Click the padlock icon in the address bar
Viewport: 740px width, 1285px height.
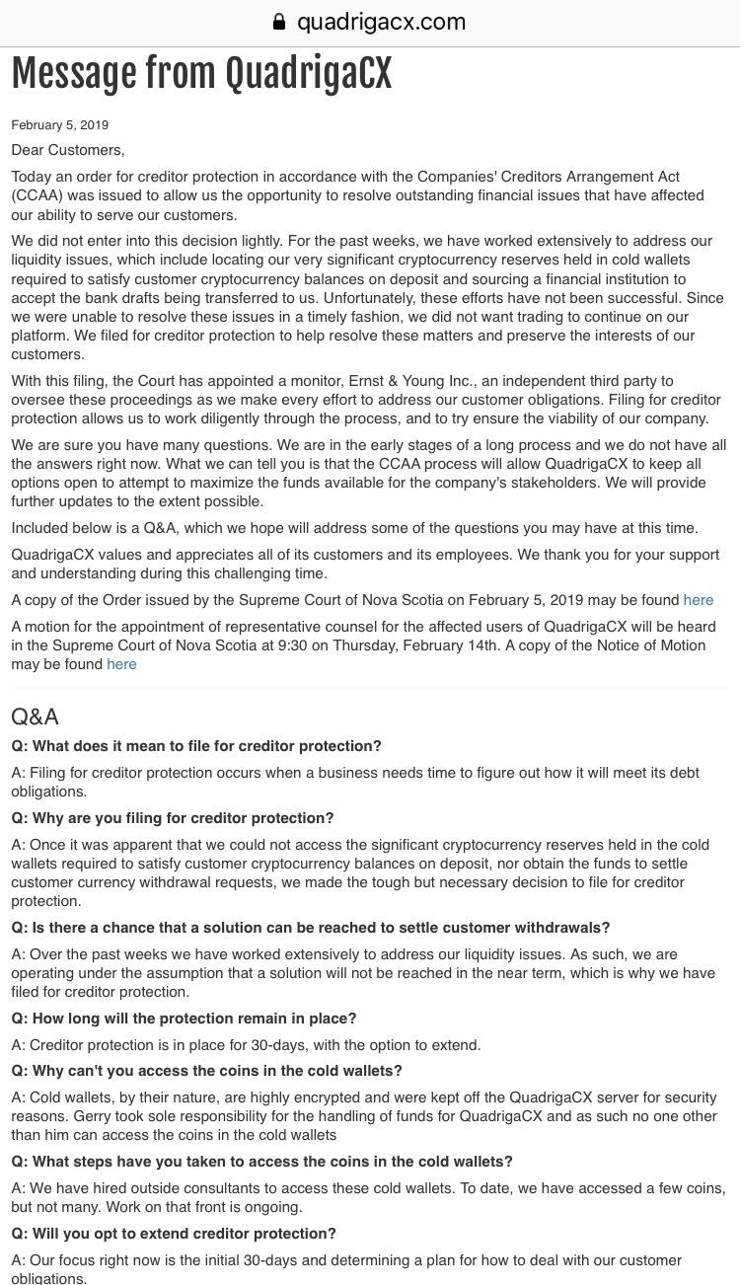tap(279, 22)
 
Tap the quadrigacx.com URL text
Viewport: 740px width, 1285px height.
tap(381, 22)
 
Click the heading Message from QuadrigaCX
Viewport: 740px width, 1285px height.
tap(201, 73)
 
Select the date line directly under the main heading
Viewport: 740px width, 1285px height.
tap(59, 125)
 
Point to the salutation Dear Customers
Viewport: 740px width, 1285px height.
tap(68, 150)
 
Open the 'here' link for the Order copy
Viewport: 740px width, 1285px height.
tap(698, 600)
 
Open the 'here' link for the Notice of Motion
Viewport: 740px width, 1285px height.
tap(121, 664)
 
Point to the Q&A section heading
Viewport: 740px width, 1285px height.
tap(35, 717)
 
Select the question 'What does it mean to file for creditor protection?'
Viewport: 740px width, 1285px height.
tap(196, 746)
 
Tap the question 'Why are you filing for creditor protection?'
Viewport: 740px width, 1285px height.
tap(173, 818)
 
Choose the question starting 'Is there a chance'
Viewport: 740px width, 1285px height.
tap(311, 928)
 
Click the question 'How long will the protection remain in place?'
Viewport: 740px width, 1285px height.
tap(184, 1019)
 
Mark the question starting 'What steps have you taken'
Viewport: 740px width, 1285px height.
tap(261, 1162)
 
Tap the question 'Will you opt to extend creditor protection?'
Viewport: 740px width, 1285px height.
tap(174, 1234)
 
